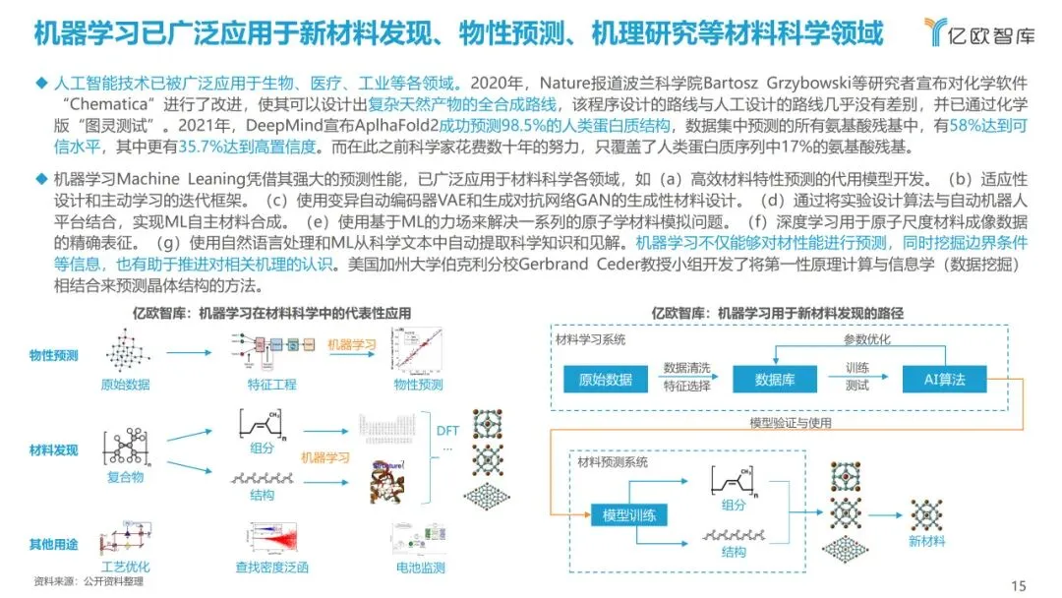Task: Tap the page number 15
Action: click(1019, 586)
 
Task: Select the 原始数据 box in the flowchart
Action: click(606, 380)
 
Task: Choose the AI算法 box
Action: click(945, 380)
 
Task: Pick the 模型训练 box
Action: click(630, 514)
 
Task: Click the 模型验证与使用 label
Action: click(792, 423)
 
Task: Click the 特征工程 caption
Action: click(272, 385)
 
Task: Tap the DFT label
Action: click(447, 430)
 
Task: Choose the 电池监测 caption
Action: click(421, 568)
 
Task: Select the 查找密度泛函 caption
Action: click(272, 568)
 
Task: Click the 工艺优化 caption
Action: click(125, 568)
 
